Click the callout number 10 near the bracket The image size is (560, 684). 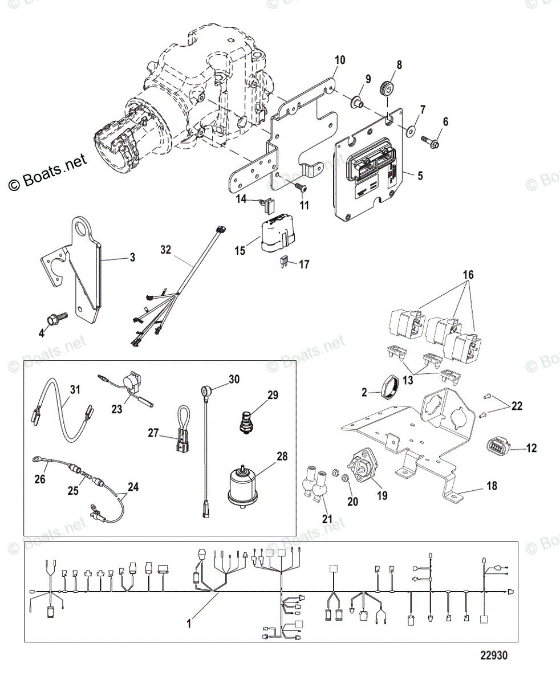(340, 60)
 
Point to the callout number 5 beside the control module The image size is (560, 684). (420, 176)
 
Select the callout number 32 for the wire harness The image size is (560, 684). (165, 250)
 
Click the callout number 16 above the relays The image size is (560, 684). (468, 275)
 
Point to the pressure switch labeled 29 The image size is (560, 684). (247, 422)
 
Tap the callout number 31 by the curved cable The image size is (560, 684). (75, 389)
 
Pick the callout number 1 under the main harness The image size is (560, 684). (189, 624)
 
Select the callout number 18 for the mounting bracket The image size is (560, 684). (492, 486)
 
